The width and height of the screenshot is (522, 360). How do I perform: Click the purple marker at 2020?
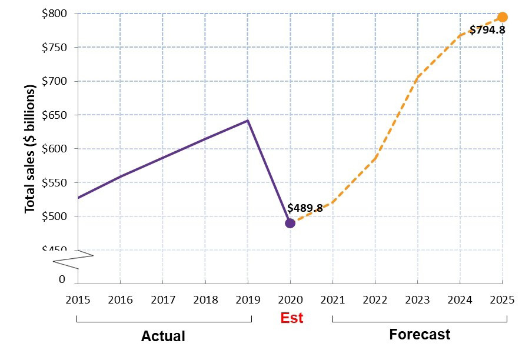[x=290, y=223]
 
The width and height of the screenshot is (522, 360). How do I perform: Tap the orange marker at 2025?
[x=502, y=17]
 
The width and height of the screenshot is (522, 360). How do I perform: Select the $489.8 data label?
[x=305, y=208]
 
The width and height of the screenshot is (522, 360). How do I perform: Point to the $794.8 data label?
[x=487, y=29]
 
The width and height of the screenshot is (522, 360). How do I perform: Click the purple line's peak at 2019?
[x=248, y=121]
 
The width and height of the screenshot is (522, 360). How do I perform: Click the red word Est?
[x=291, y=318]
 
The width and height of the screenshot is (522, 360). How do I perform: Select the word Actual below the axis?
[x=163, y=336]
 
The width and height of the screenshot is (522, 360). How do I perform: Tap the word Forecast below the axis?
[x=420, y=335]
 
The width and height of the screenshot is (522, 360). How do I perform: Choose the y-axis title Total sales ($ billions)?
[x=30, y=149]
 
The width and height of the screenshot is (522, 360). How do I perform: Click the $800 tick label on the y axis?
[x=54, y=13]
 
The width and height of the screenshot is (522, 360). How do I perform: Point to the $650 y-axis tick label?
[x=54, y=115]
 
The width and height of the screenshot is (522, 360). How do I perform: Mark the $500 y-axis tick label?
[x=54, y=216]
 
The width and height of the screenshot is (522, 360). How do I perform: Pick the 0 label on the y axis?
[x=62, y=279]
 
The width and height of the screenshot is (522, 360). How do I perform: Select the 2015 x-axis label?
[x=78, y=299]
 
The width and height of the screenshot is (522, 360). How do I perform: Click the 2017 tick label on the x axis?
[x=163, y=299]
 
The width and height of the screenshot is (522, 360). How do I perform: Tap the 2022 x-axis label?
[x=375, y=299]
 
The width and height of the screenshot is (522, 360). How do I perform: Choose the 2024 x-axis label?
[x=460, y=299]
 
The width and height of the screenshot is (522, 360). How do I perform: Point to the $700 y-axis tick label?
[x=54, y=81]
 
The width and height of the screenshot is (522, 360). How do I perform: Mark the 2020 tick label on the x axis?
[x=290, y=299]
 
